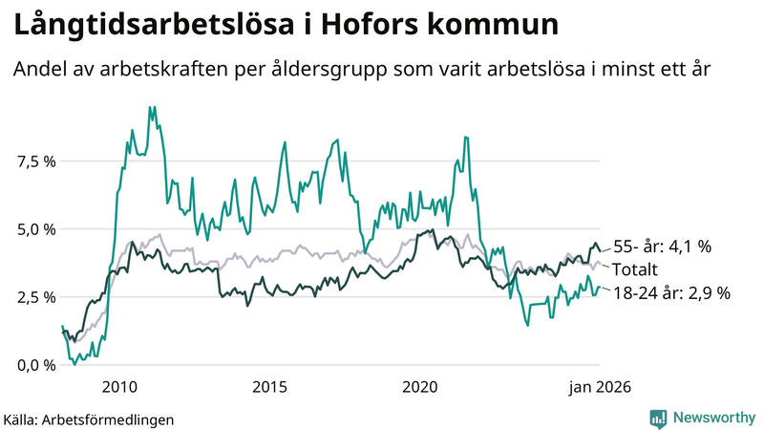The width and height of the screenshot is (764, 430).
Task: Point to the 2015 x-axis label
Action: (x=270, y=387)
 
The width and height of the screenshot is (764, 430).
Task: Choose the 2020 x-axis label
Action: (x=420, y=387)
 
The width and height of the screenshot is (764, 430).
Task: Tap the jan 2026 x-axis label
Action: (x=600, y=387)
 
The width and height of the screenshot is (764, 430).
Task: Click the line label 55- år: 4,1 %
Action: (x=662, y=247)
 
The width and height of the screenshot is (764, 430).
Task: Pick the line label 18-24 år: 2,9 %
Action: (x=671, y=293)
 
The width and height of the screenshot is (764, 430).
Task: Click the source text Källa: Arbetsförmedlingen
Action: (x=89, y=419)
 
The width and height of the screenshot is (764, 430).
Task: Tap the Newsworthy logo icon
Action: (x=658, y=418)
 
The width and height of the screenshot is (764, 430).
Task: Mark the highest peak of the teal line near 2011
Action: (x=150, y=107)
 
